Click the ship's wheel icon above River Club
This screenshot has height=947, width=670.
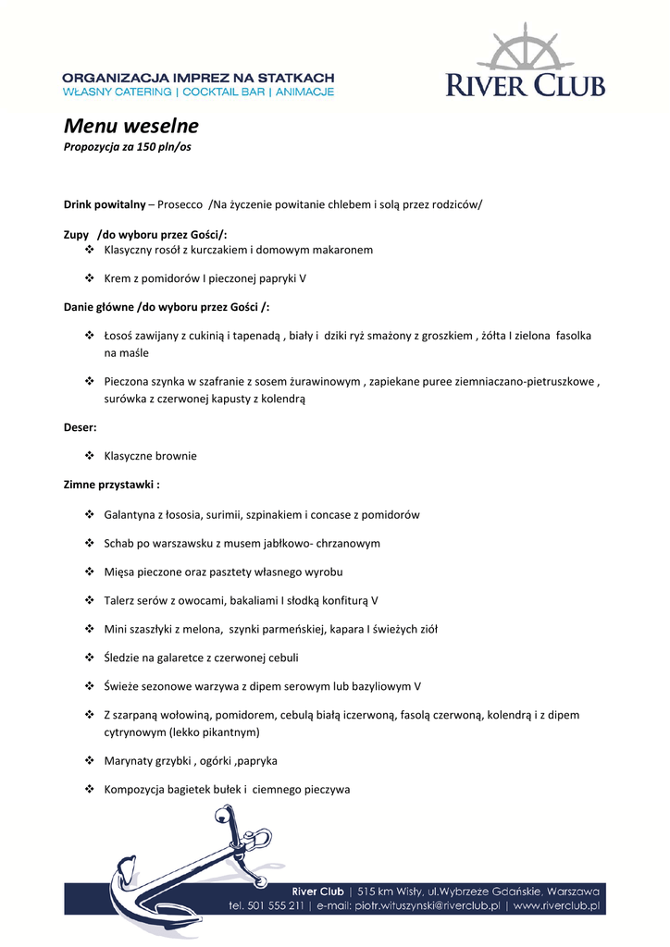pyautogui.click(x=525, y=51)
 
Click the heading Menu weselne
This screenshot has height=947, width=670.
pyautogui.click(x=130, y=126)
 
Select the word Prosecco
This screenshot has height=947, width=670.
pyautogui.click(x=181, y=203)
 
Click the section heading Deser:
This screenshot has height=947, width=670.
pyautogui.click(x=80, y=428)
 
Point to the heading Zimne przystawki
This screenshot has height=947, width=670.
pyautogui.click(x=111, y=485)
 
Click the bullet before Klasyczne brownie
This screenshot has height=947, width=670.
pyautogui.click(x=90, y=456)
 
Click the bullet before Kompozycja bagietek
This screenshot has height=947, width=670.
pyautogui.click(x=90, y=789)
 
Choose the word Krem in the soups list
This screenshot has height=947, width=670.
pyautogui.click(x=118, y=278)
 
